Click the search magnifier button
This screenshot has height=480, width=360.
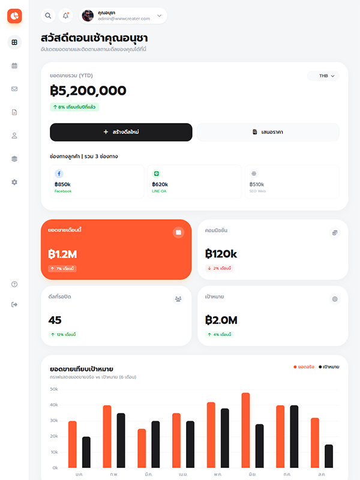(x=48, y=16)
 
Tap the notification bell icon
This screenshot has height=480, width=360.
(x=66, y=16)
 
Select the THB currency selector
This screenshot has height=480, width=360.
(x=324, y=76)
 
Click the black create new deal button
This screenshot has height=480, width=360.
(x=121, y=132)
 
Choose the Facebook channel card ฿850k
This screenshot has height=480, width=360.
(x=97, y=182)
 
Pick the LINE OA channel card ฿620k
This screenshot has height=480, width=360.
(x=194, y=182)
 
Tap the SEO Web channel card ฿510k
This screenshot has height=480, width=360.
(x=292, y=182)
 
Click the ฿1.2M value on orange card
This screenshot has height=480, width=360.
(x=62, y=254)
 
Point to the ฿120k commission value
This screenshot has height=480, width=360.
(x=221, y=254)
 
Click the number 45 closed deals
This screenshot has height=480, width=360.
(x=55, y=320)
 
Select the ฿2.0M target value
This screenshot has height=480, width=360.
(x=221, y=320)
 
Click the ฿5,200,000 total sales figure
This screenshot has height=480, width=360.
(x=88, y=91)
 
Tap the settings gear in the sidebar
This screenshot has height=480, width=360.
(x=14, y=182)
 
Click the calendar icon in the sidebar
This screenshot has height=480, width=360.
(x=14, y=65)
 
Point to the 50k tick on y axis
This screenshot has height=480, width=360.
(x=54, y=389)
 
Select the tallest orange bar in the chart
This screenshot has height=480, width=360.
(x=245, y=430)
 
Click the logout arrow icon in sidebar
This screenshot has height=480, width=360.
(x=14, y=305)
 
